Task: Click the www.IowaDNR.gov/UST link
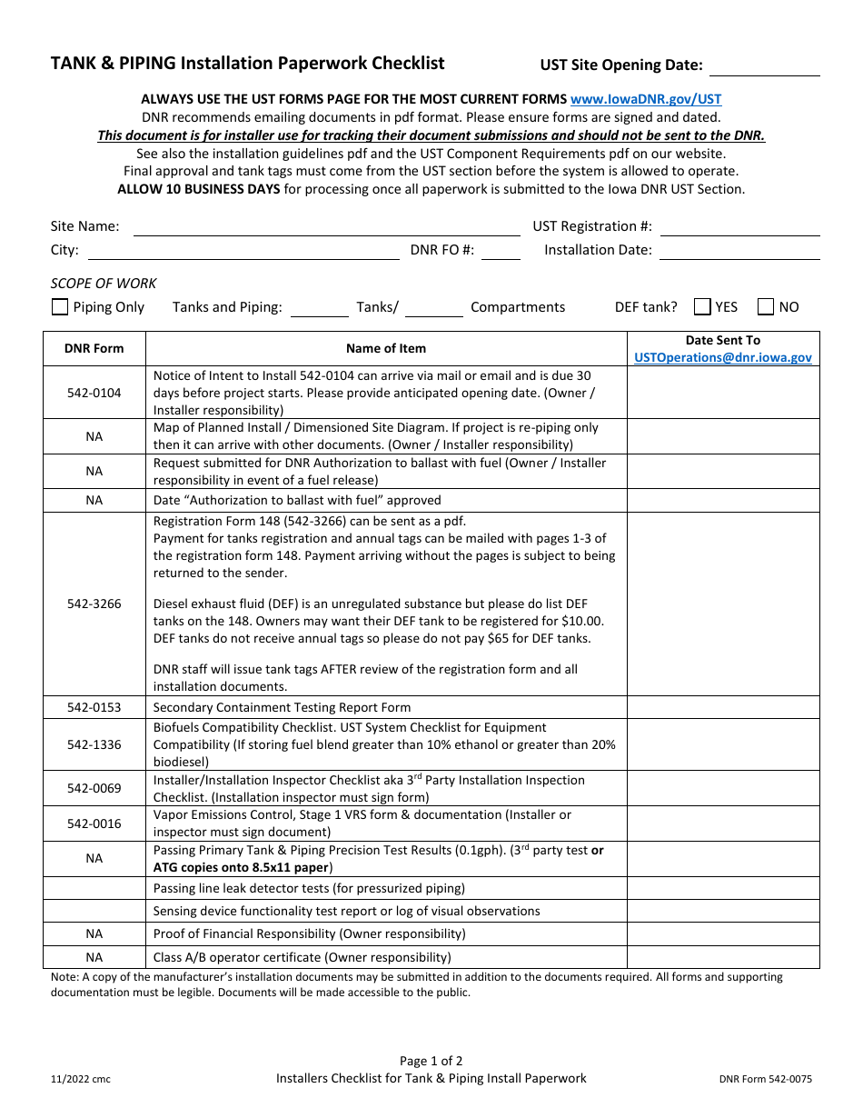[x=646, y=99]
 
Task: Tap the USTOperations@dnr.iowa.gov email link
[x=723, y=357]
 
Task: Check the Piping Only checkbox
[x=60, y=307]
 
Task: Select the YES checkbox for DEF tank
[x=702, y=307]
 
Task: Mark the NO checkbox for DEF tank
[x=766, y=307]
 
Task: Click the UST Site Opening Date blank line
[x=764, y=66]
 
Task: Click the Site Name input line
[x=326, y=227]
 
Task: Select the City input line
[x=243, y=251]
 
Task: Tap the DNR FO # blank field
[x=501, y=251]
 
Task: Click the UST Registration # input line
[x=739, y=227]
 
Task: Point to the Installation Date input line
[x=739, y=251]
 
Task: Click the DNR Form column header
[x=94, y=348]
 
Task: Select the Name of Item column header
[x=386, y=348]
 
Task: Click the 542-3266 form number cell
[x=94, y=604]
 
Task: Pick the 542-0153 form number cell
[x=94, y=707]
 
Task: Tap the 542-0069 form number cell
[x=94, y=788]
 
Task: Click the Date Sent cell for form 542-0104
[x=723, y=393]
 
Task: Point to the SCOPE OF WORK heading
[x=104, y=283]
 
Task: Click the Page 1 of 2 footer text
[x=431, y=1061]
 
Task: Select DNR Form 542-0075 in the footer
[x=766, y=1080]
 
